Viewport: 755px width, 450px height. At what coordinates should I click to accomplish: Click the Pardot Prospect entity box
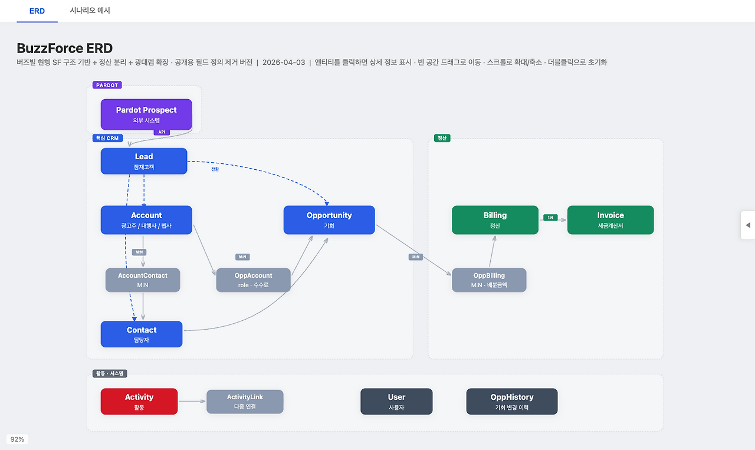tap(146, 114)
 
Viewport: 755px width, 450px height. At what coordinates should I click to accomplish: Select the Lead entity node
tap(144, 161)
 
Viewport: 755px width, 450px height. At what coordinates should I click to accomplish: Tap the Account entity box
tap(146, 220)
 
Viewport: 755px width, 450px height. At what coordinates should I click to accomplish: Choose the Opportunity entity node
tap(329, 220)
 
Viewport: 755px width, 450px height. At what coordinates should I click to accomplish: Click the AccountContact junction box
tap(143, 280)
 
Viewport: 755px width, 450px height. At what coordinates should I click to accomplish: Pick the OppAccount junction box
tap(253, 280)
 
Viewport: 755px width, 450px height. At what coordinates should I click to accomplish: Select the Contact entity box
tap(142, 334)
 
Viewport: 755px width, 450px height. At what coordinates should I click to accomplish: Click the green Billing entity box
tap(495, 220)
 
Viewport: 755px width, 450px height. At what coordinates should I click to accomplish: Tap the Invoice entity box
tap(610, 220)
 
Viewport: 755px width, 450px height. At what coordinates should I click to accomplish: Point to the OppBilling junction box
tap(489, 280)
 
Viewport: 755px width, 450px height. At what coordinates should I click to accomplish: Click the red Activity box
tap(139, 402)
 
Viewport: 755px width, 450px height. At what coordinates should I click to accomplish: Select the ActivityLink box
tap(245, 402)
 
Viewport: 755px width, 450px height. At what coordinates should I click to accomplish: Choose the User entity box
tap(396, 402)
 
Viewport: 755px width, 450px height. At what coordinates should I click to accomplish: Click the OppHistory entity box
tap(512, 402)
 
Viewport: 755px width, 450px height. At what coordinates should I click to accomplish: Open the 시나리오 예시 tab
tap(90, 11)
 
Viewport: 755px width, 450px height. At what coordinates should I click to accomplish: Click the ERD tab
tap(37, 11)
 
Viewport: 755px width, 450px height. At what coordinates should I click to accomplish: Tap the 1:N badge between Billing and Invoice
tap(550, 218)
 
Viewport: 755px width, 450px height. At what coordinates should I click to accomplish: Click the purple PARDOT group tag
tap(107, 85)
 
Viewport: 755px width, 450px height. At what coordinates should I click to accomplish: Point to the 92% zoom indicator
tap(17, 439)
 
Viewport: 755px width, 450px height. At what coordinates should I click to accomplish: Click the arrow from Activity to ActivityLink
tap(192, 401)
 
